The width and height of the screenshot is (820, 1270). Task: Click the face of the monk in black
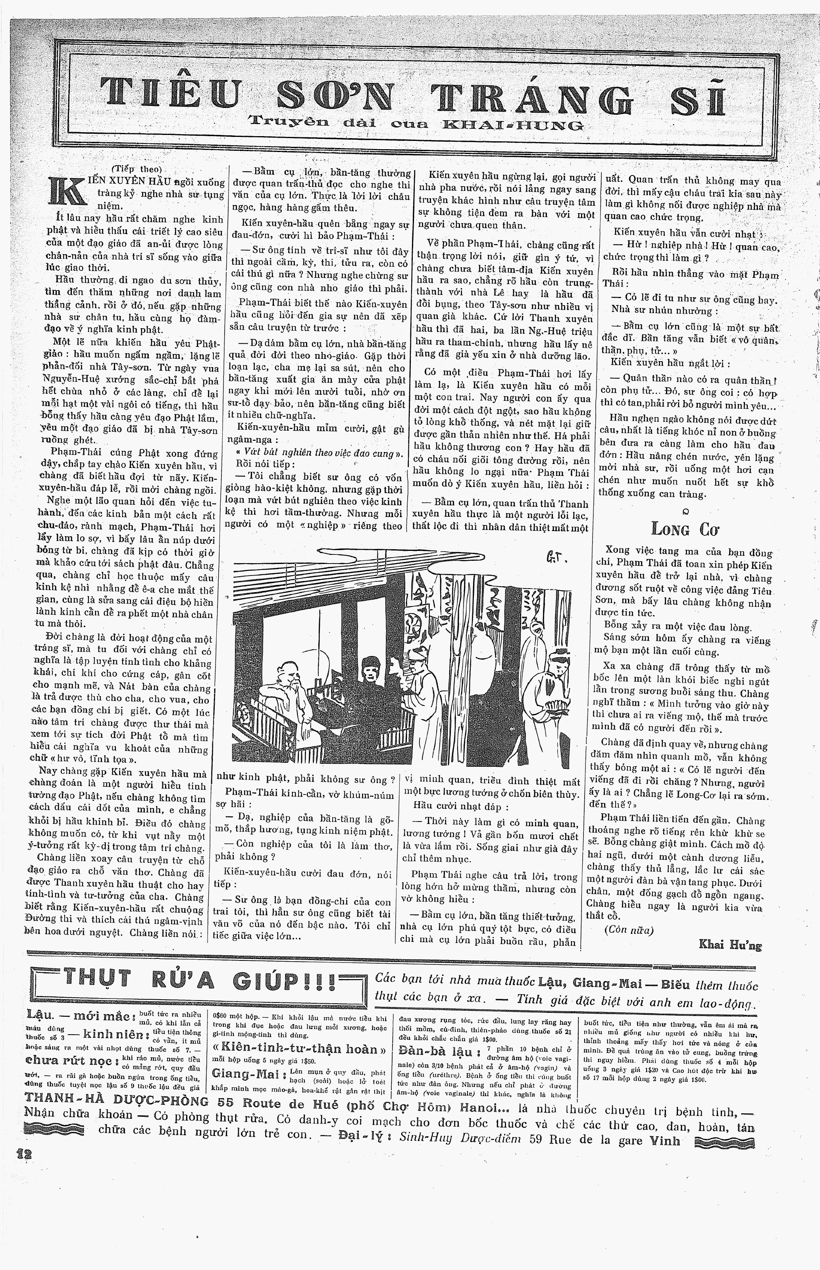[368, 668]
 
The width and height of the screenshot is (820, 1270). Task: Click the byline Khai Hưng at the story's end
[730, 945]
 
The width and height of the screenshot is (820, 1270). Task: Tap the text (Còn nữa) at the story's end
[628, 930]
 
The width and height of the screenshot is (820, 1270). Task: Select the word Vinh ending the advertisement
[666, 1141]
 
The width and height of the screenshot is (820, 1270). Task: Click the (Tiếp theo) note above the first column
[142, 170]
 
